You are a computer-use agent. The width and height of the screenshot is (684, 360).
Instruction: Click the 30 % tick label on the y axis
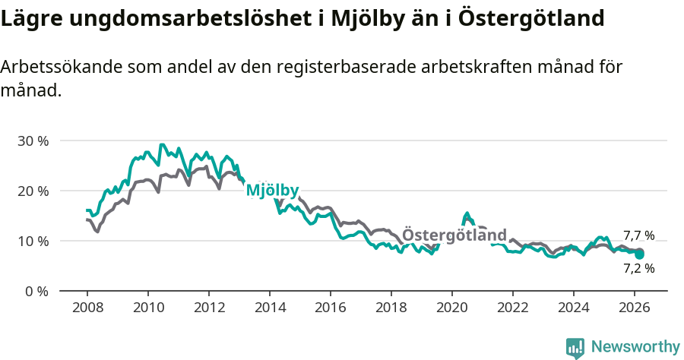[33, 141]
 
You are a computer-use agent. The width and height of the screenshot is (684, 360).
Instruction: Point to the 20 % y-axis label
[33, 191]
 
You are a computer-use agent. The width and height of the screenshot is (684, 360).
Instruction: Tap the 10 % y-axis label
[33, 241]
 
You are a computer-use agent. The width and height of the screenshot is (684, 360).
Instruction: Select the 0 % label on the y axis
[36, 291]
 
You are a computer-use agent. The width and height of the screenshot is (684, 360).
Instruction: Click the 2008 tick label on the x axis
[87, 308]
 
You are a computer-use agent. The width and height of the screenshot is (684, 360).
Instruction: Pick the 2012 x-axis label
[209, 308]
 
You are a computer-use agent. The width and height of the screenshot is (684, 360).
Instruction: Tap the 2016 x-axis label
[331, 308]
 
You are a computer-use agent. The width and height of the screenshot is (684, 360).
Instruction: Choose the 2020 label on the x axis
[452, 308]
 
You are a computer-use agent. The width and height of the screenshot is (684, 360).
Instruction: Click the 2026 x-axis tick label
[635, 308]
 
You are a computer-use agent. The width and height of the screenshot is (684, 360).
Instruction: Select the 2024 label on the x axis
[574, 308]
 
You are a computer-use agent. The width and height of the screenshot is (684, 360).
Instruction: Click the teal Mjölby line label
[272, 191]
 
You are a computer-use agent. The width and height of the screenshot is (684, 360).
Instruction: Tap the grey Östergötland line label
[454, 235]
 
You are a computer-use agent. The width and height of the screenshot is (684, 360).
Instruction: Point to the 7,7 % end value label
[638, 235]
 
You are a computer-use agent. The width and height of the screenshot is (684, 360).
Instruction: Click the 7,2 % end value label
[638, 268]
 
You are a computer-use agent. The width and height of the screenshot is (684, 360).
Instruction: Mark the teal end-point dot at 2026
[640, 254]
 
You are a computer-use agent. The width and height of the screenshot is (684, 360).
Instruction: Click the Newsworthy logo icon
[575, 348]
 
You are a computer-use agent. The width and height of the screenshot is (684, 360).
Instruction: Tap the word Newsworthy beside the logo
[635, 347]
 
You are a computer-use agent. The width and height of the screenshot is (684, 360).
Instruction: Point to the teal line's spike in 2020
[467, 214]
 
